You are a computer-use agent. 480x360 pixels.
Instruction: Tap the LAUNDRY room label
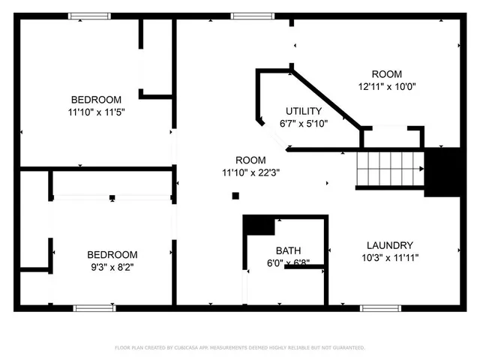389,245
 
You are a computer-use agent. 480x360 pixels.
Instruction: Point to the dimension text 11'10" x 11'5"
96,112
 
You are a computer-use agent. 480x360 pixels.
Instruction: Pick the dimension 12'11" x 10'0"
387,86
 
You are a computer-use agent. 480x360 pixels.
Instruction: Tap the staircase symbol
389,168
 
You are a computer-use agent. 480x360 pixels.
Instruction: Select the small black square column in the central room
235,196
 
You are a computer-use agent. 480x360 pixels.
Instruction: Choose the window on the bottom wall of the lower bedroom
94,307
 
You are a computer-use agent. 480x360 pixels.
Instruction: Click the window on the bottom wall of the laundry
380,307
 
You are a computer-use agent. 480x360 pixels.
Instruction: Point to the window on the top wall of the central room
251,15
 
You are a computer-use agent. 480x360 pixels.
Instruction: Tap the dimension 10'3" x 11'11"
389,257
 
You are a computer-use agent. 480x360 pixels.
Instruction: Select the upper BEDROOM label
96,100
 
